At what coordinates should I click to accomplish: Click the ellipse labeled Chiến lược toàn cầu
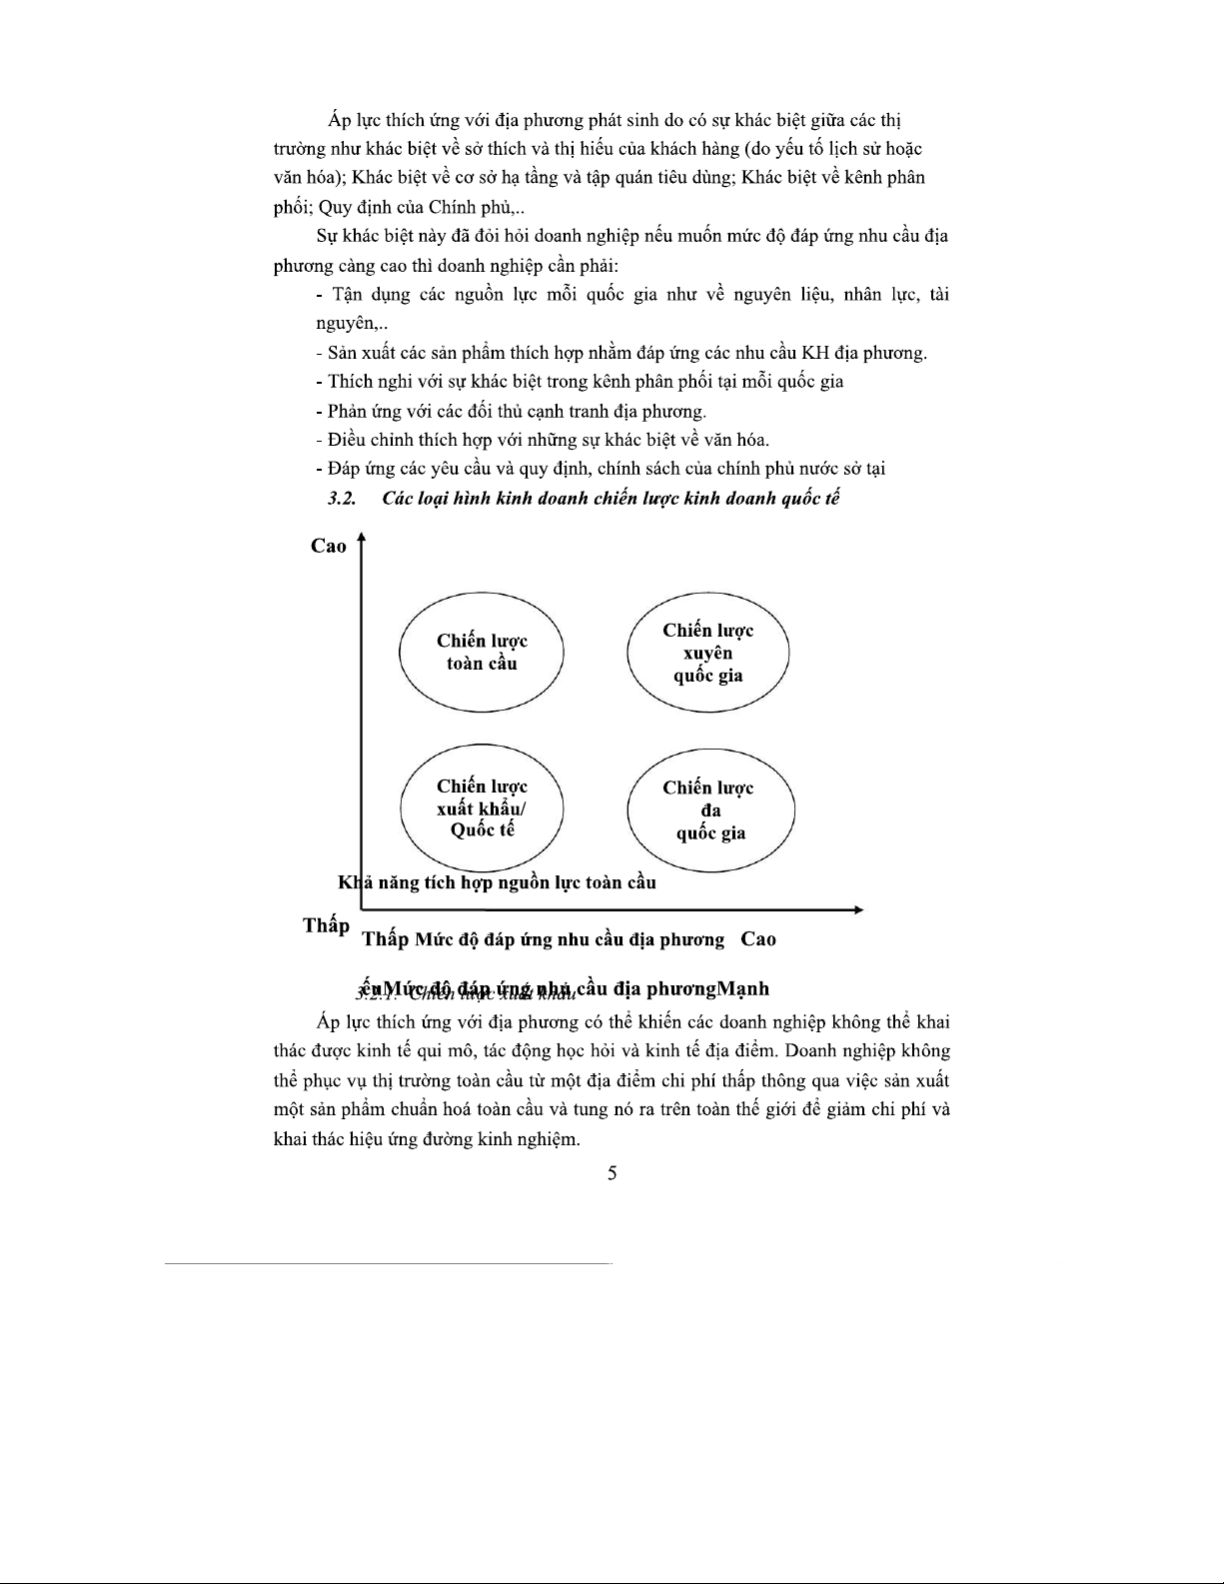(x=482, y=652)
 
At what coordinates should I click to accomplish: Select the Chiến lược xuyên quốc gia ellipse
(x=707, y=653)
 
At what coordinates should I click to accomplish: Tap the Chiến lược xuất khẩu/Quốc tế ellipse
(x=482, y=808)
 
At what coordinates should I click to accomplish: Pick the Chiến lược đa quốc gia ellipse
(x=709, y=810)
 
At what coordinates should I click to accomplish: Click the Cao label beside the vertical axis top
(x=329, y=546)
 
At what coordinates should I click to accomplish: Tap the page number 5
(x=612, y=1173)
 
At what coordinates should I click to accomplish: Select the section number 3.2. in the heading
(x=343, y=499)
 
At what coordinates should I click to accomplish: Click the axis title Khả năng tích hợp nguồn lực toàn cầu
(x=497, y=882)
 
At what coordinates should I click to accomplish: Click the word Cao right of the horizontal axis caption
(x=758, y=939)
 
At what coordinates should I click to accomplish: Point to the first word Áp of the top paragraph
(x=338, y=121)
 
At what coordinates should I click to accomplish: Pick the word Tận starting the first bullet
(x=346, y=295)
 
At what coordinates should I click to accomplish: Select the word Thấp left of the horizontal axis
(x=326, y=925)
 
